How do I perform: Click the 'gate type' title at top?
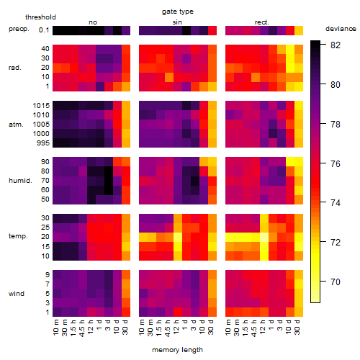(x=178, y=12)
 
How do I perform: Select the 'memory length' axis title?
(x=177, y=350)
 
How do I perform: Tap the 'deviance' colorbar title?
(x=341, y=29)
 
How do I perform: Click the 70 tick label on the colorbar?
(x=336, y=282)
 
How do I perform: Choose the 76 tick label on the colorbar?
(x=336, y=163)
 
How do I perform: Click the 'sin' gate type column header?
(x=177, y=22)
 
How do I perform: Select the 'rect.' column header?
(x=261, y=22)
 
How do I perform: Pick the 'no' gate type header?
(x=93, y=22)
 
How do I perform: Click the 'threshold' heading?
(x=40, y=17)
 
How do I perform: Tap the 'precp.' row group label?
(x=19, y=29)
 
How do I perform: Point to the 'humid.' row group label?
(x=20, y=181)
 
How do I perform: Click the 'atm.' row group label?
(x=16, y=125)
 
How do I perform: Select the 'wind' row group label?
(x=17, y=294)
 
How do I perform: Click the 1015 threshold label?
(x=41, y=106)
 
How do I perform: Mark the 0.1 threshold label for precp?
(x=44, y=30)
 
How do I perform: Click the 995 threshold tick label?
(x=43, y=143)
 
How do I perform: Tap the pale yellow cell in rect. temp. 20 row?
(x=264, y=237)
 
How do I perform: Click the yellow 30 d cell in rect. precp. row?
(x=299, y=31)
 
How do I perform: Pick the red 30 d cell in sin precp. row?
(x=212, y=31)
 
